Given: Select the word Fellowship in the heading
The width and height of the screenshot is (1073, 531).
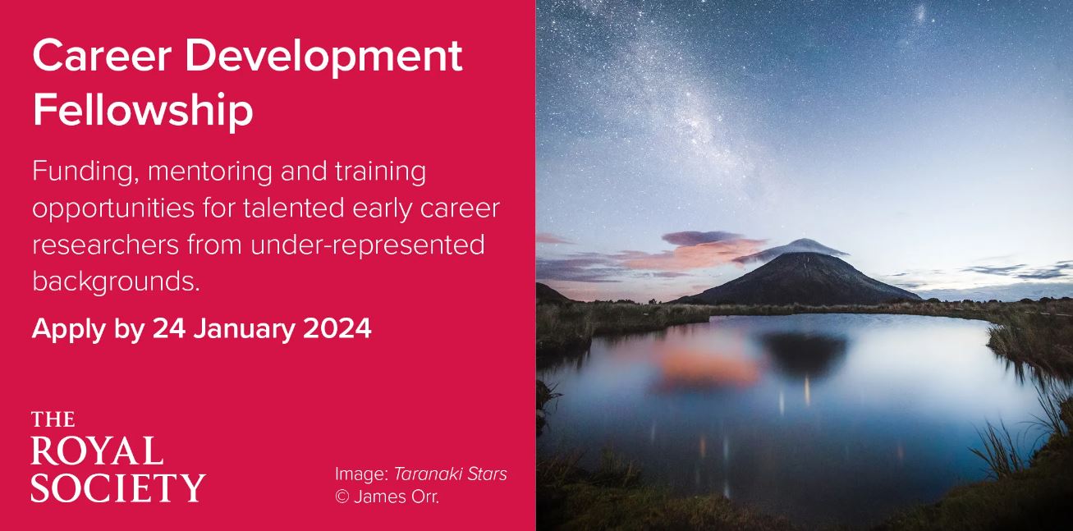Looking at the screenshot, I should click(142, 109).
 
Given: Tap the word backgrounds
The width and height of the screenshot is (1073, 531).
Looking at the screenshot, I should click(116, 282).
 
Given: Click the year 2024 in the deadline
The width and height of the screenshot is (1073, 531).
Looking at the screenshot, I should click(337, 328).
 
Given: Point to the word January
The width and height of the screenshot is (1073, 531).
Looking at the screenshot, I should click(245, 329).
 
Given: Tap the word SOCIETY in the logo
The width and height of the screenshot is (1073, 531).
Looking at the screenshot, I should click(117, 487).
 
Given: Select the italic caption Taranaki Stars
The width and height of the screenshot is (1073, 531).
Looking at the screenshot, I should click(450, 474).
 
